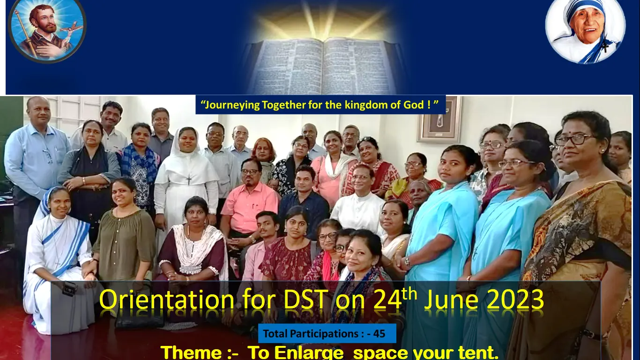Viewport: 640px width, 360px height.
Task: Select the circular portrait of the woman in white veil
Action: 586,31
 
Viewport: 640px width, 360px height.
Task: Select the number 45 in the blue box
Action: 379,334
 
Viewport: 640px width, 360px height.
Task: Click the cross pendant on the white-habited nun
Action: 188,179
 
